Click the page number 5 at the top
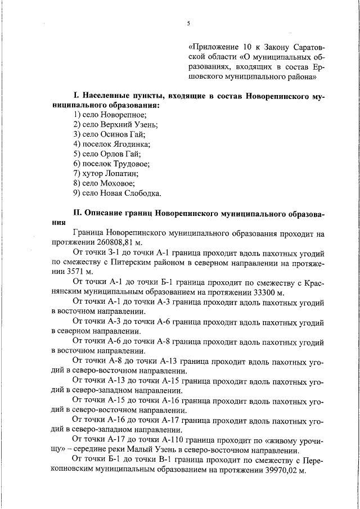click(x=189, y=23)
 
